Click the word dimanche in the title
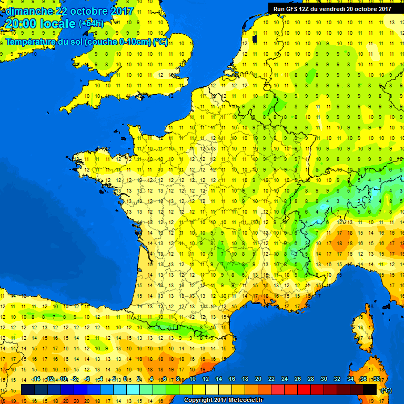coord(29,11)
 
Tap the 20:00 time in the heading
coord(23,24)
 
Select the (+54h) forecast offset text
coord(91,23)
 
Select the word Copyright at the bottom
coord(199,400)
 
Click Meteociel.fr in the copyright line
coord(246,400)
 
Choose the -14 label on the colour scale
coord(36,379)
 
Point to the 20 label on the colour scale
coord(258,379)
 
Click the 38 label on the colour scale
coord(376,379)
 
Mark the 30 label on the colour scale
coord(324,379)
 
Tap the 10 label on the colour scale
coord(193,379)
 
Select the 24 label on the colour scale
coord(285,379)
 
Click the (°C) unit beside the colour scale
coord(386,390)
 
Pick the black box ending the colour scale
coord(370,389)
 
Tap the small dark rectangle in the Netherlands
coord(255,38)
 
